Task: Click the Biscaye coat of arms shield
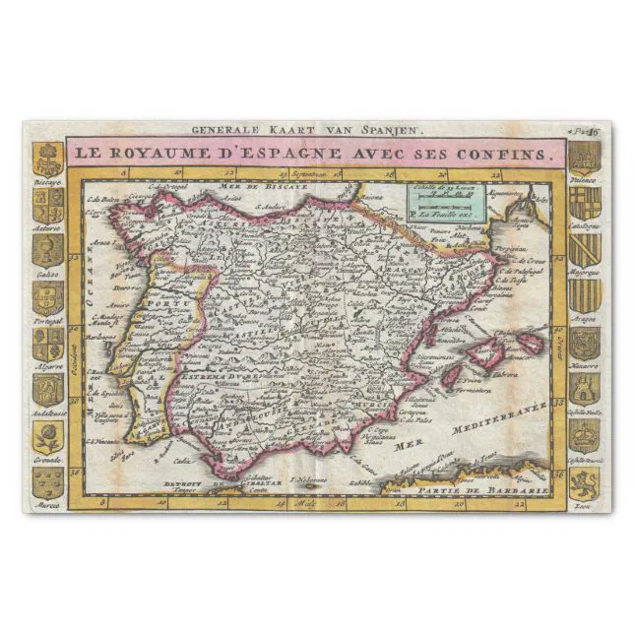(48, 158)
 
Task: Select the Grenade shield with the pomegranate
(48, 436)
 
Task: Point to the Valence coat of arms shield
(584, 158)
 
